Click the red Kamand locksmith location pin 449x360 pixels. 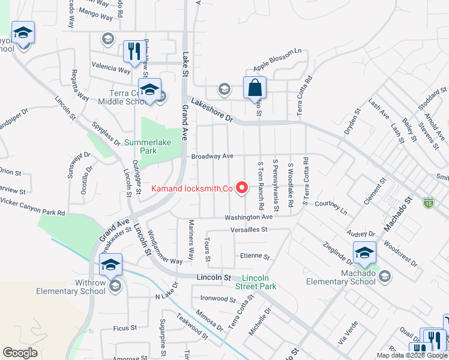coord(243,188)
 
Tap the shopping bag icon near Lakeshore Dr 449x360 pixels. coord(255,88)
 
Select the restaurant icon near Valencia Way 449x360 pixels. coord(133,52)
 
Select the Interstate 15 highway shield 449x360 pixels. coord(428,203)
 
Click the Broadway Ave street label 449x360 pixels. coord(212,157)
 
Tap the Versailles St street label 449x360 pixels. coord(248,230)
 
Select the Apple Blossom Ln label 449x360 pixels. coord(277,59)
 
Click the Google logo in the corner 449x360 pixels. coord(20,353)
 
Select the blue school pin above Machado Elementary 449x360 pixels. coord(364,253)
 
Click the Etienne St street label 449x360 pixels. coord(255,256)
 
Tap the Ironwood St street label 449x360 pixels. coord(218,298)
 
